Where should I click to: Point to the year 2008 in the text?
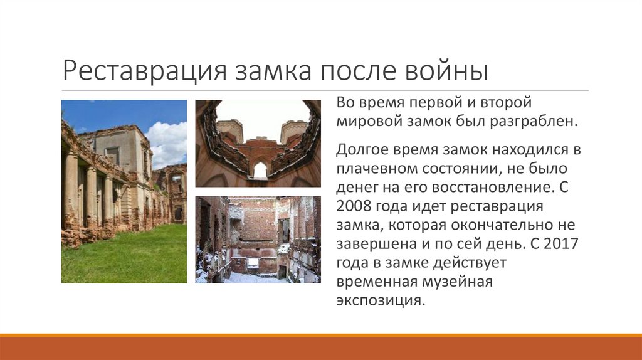click(x=355, y=207)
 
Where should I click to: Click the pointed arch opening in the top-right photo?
click(x=259, y=170)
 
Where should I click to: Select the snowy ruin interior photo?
click(x=258, y=239)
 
